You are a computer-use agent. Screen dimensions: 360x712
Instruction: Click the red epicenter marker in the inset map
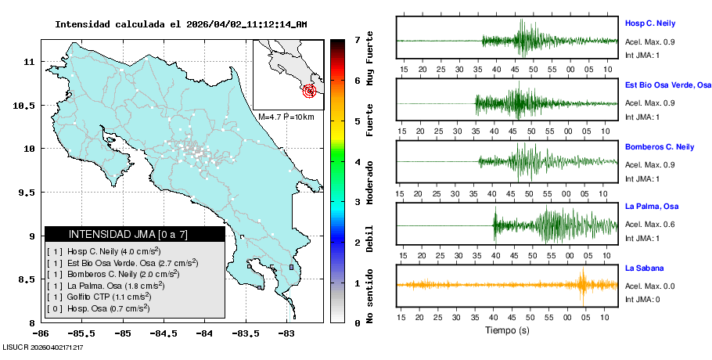pos(311,91)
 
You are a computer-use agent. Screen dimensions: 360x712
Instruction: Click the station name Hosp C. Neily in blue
pos(649,23)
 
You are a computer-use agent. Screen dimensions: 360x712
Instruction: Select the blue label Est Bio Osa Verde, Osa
pos(668,84)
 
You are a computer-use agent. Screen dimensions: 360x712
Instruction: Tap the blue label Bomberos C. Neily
pos(660,146)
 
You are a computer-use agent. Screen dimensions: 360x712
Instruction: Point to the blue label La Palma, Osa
pos(651,207)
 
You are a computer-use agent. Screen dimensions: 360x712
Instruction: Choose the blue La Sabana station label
pos(642,268)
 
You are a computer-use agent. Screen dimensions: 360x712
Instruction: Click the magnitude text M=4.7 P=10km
pos(286,117)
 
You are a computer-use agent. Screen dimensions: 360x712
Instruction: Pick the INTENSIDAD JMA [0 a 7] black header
pos(135,234)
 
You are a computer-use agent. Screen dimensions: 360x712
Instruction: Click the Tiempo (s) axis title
pos(507,330)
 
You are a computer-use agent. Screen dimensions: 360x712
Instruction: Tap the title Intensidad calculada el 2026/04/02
pos(181,24)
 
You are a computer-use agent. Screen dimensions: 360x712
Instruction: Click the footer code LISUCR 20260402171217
pos(43,347)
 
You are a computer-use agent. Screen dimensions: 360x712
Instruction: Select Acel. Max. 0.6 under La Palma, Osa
pos(649,225)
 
